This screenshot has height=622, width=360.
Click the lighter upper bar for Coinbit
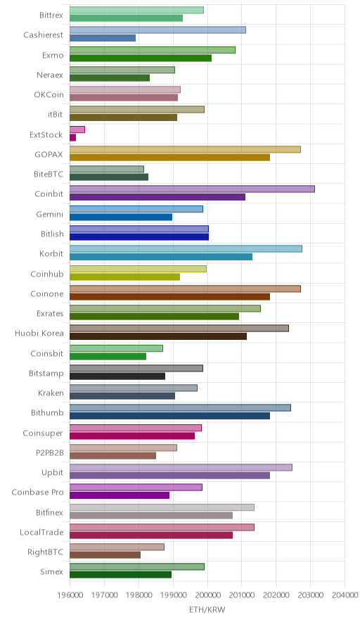pos(192,189)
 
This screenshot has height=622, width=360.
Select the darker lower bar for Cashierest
pos(103,38)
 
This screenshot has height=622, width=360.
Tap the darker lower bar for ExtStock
pos(73,138)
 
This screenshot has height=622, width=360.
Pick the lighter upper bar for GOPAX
pos(185,149)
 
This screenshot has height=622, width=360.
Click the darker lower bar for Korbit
pos(161,257)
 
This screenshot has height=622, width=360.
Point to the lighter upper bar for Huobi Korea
pos(179,328)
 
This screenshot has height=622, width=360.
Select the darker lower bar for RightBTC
pos(105,555)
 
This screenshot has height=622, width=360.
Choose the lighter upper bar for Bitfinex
pos(162,507)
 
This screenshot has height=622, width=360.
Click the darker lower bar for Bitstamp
pos(117,376)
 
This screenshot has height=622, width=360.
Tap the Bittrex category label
pos(51,15)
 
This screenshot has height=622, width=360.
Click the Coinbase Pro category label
pos(38,492)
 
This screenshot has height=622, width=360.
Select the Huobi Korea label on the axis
pos(39,333)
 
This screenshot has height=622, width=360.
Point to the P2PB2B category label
pos(49,452)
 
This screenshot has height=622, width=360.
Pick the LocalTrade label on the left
pos(41,532)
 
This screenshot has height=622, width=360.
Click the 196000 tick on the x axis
pos(70,595)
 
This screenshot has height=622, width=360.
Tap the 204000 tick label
pos(345,595)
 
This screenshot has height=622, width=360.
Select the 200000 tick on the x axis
pos(207,595)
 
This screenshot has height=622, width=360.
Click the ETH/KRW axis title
pos(207,610)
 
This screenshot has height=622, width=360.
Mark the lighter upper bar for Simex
pos(137,567)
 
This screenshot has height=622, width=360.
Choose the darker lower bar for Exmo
pos(141,58)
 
